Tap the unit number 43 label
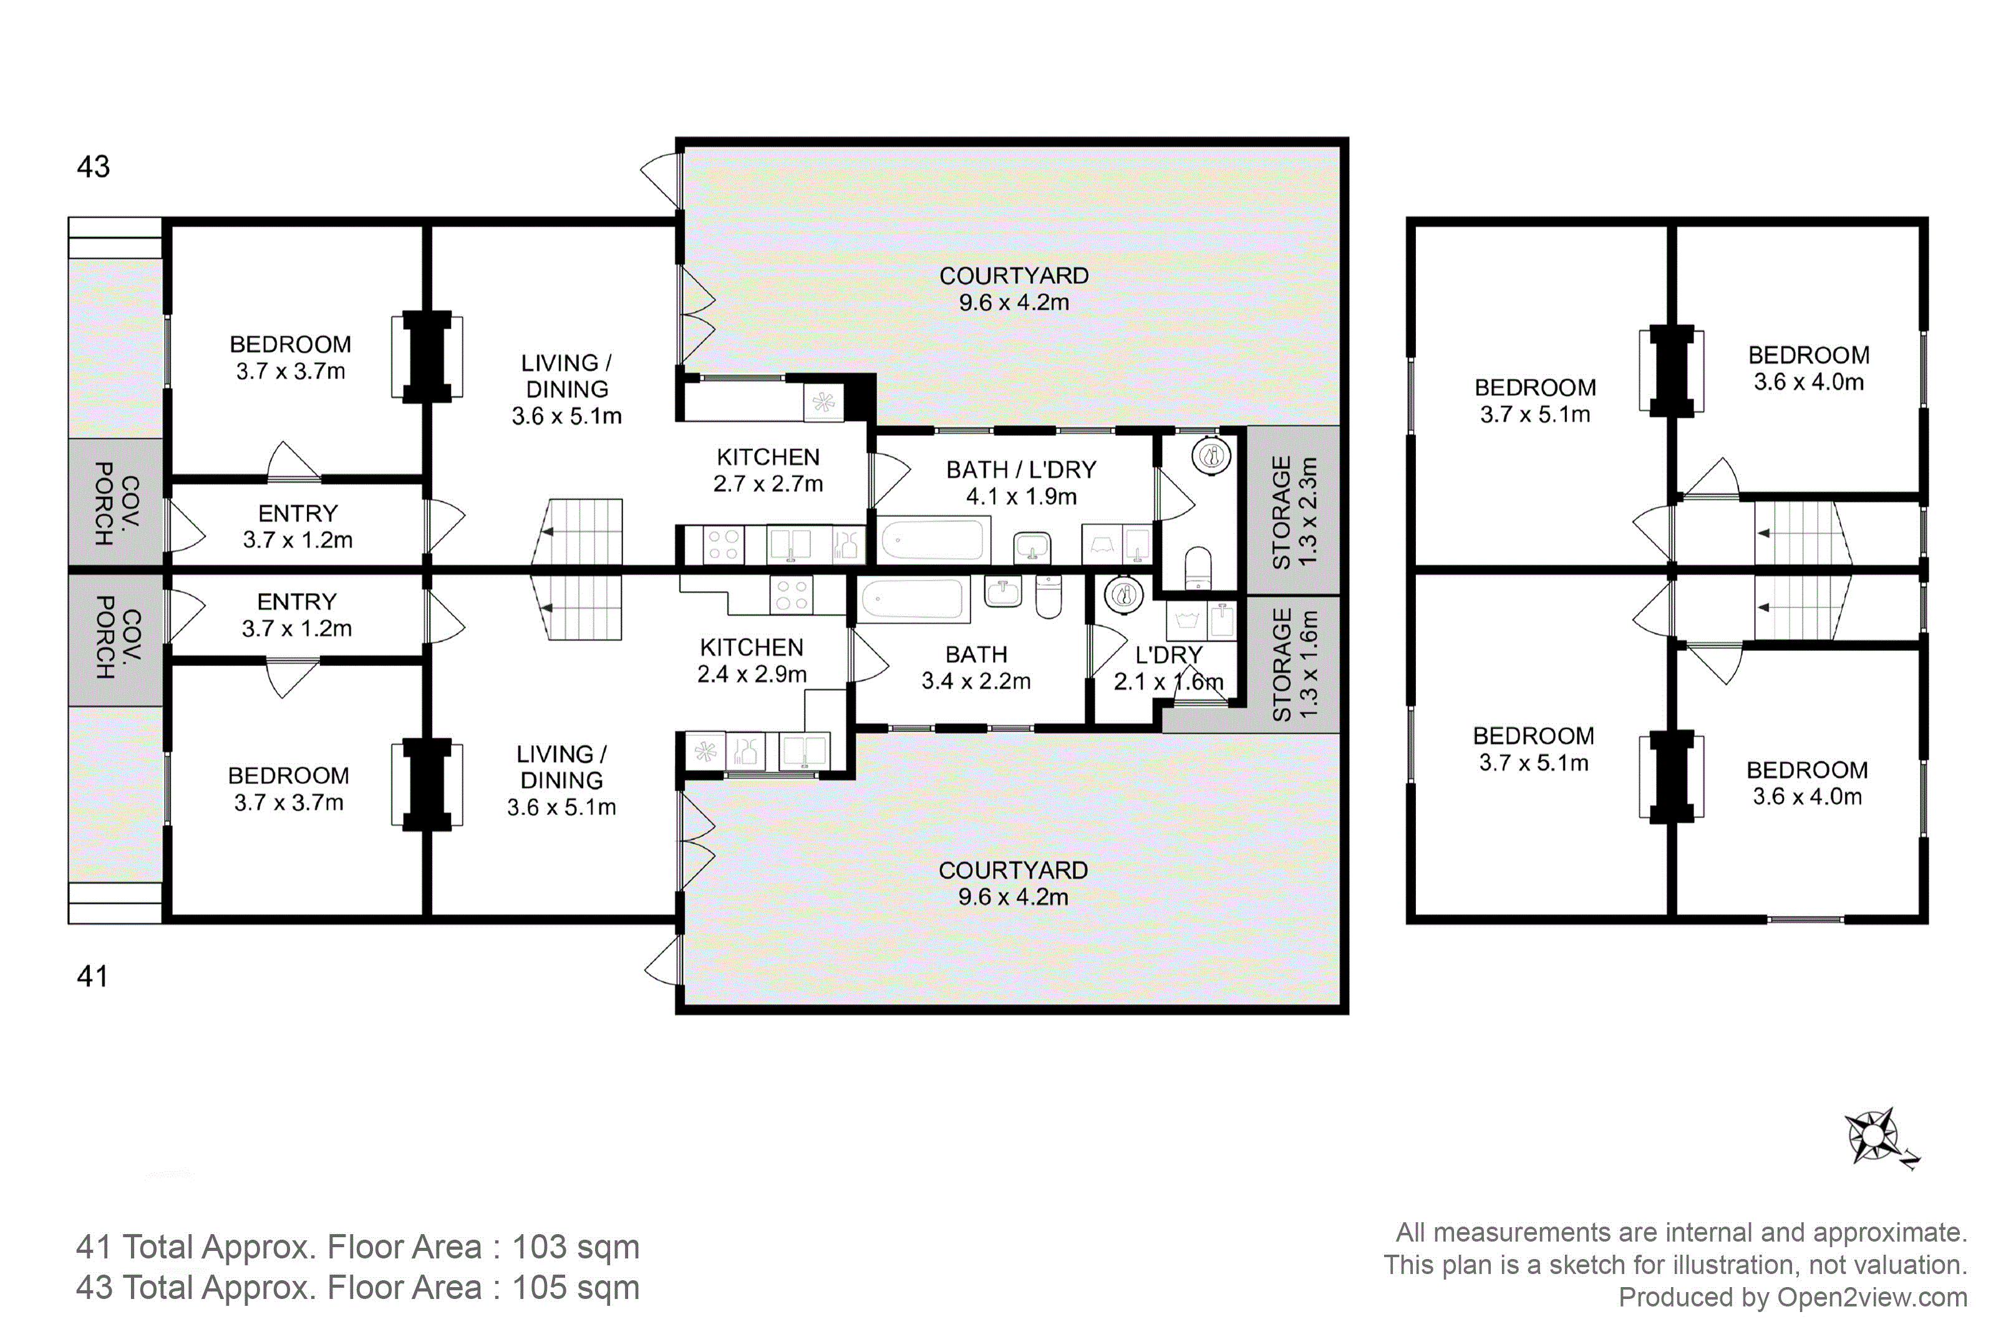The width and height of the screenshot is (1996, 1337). (x=93, y=167)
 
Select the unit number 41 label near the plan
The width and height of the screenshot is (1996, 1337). (x=93, y=975)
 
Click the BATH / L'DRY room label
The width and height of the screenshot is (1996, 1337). (x=1020, y=470)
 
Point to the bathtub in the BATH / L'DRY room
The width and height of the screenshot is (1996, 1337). (x=933, y=540)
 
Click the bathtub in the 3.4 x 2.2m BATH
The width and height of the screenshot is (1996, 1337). (x=913, y=598)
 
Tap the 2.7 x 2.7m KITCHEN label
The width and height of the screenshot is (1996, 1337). (x=768, y=470)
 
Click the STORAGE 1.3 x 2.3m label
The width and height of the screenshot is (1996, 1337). (x=1294, y=511)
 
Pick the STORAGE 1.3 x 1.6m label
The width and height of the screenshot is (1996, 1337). (x=1294, y=665)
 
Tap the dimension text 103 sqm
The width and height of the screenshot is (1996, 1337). (x=576, y=1247)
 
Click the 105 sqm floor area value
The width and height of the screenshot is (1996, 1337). (x=576, y=1288)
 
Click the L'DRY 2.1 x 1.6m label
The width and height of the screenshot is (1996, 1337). (x=1169, y=668)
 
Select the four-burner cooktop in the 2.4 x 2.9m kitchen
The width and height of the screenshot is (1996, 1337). (x=792, y=594)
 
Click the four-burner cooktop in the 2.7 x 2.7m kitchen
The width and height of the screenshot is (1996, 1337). (x=723, y=545)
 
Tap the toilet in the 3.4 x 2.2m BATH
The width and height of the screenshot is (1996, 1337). (x=1049, y=596)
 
